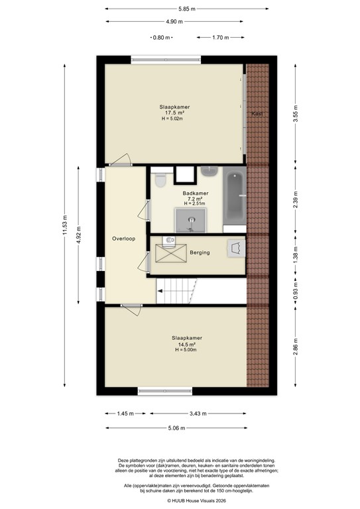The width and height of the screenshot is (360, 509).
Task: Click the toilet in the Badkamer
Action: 160,180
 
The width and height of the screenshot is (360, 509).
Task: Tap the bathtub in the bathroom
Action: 234,198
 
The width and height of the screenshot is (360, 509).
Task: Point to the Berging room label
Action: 200,253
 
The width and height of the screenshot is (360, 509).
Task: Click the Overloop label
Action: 123,239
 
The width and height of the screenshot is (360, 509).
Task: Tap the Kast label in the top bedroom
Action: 257,114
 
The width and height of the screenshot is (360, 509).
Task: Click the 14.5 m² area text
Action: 186,344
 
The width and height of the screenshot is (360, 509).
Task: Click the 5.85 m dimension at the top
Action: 186,9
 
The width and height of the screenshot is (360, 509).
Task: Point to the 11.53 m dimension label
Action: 65,225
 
